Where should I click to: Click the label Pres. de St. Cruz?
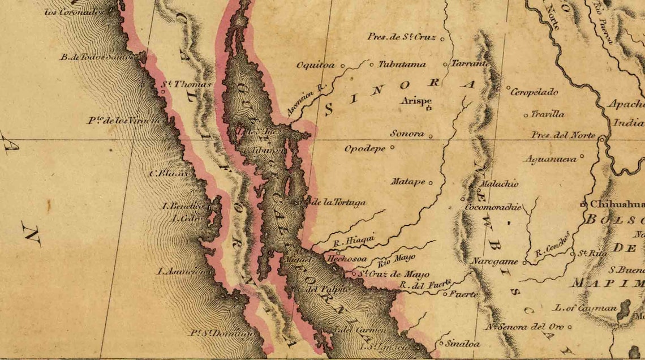401,37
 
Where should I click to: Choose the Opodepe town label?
365,148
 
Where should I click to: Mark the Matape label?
407,182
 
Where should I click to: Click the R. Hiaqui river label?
354,240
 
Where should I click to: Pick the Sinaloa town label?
462,344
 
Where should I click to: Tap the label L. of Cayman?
585,308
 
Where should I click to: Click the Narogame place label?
494,262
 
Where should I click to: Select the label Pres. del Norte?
563,135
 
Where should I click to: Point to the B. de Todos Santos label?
96,57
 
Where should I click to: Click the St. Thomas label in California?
186,84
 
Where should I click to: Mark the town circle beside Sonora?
431,136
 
